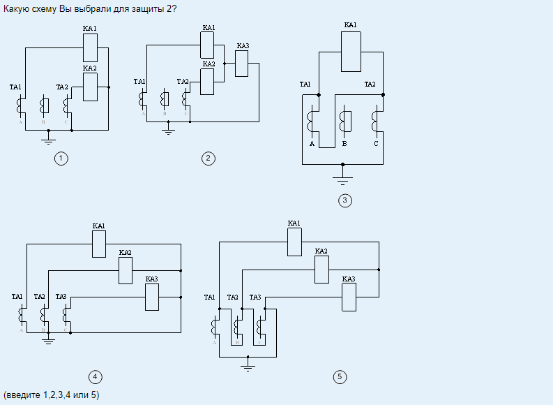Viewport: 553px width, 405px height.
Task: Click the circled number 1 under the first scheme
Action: (x=61, y=159)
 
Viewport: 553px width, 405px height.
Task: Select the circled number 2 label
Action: (x=208, y=159)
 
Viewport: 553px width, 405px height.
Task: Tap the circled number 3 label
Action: (x=344, y=201)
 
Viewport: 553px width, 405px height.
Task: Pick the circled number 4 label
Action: (x=95, y=377)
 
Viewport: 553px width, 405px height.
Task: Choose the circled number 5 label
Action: (x=340, y=377)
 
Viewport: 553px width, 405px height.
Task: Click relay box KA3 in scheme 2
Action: (x=242, y=64)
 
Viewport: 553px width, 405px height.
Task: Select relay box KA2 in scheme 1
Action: (x=90, y=87)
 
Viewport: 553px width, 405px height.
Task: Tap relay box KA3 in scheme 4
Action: (x=151, y=297)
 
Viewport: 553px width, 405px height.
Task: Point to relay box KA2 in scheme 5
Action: (x=321, y=270)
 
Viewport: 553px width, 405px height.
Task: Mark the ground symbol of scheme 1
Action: (x=48, y=139)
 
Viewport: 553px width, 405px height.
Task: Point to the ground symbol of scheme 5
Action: (x=248, y=365)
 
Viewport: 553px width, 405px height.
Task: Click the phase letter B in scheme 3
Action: (x=344, y=144)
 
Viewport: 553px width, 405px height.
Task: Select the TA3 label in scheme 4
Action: (x=61, y=297)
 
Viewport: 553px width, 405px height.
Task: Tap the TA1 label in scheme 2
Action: (x=139, y=82)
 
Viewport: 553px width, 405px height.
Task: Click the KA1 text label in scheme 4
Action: (x=98, y=226)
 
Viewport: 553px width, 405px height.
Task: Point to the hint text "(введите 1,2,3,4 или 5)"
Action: (x=52, y=395)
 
